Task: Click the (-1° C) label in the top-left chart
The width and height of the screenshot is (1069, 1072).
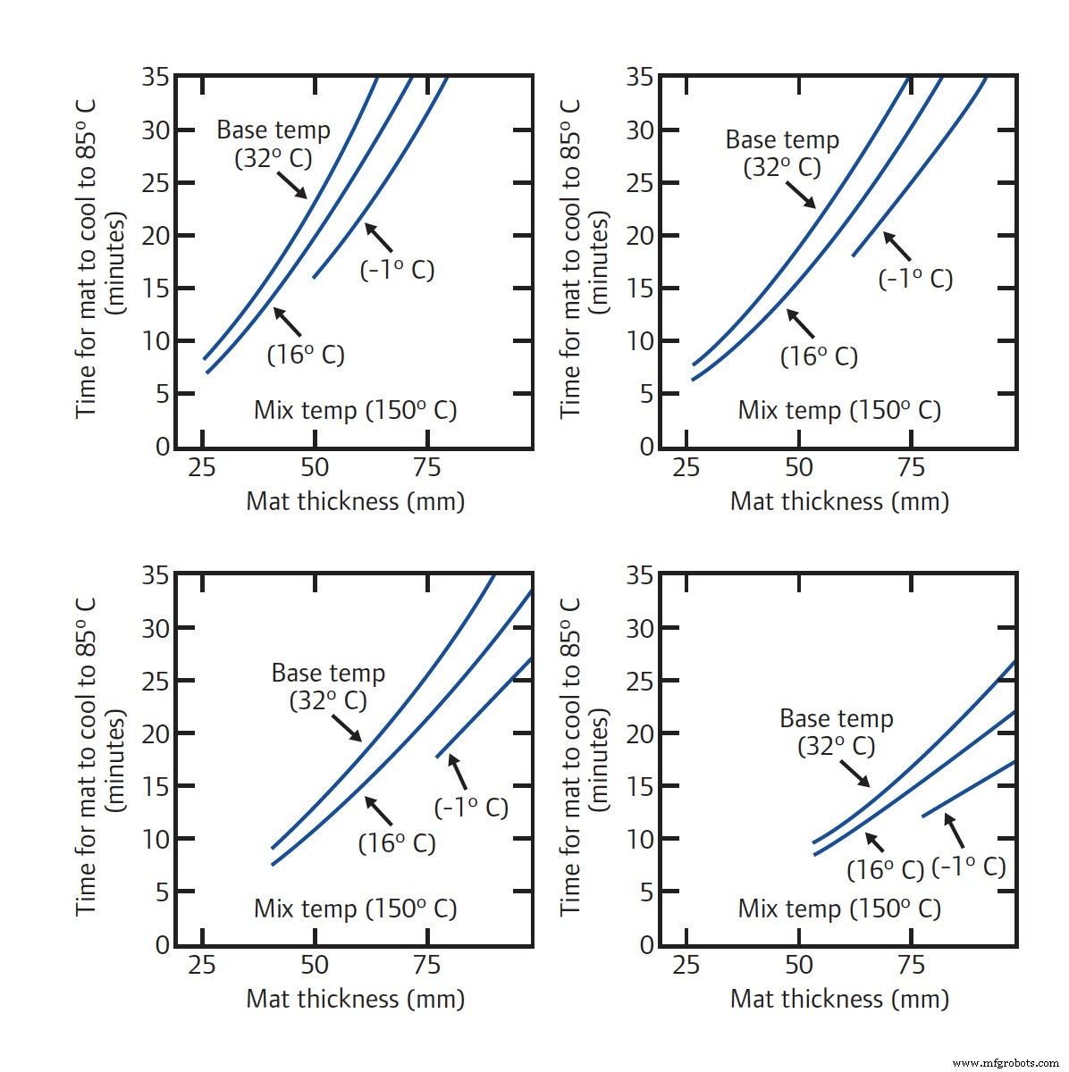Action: tap(397, 270)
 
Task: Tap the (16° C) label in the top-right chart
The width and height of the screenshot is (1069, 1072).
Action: tap(819, 356)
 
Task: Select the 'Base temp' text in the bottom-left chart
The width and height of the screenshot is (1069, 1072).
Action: tap(328, 673)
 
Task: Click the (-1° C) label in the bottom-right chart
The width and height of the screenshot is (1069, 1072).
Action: tap(969, 867)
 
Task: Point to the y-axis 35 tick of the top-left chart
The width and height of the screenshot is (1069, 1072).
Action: tap(156, 78)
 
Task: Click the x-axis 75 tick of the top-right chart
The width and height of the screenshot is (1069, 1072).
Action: tap(911, 467)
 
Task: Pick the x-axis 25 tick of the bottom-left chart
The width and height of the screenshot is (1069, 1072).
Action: tap(202, 966)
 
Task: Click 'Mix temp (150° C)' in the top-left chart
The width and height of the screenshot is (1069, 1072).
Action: tap(355, 411)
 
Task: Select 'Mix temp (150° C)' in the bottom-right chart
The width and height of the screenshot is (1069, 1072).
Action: tap(839, 909)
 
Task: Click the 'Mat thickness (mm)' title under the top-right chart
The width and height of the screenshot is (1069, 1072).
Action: tap(839, 501)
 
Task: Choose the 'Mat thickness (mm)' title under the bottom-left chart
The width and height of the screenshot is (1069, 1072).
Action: tap(355, 999)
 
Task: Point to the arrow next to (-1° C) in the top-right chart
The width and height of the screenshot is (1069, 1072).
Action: tap(896, 246)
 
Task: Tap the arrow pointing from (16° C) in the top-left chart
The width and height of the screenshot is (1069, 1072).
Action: tap(287, 322)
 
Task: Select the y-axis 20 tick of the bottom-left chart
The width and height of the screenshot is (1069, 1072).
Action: tap(156, 733)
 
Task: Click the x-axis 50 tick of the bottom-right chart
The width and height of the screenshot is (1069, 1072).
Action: tap(798, 966)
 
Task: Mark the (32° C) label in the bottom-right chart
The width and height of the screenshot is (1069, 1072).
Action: tap(836, 746)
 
